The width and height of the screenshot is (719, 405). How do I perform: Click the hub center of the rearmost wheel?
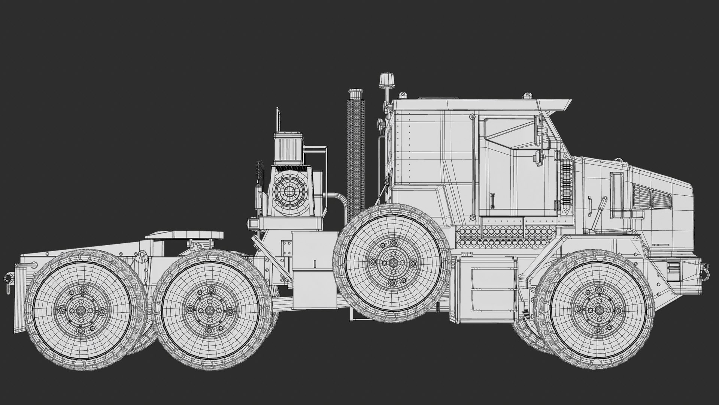[81, 311]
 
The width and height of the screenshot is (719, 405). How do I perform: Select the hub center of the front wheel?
[599, 310]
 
